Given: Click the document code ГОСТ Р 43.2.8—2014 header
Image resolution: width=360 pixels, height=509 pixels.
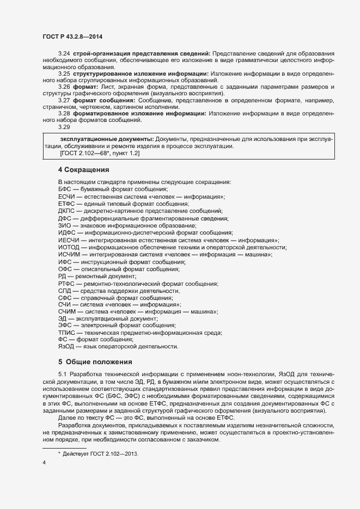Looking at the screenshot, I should (x=72, y=36).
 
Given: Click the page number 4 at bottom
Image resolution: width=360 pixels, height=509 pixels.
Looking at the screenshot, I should (x=44, y=463).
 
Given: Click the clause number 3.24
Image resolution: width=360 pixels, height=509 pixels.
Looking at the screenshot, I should (x=64, y=53).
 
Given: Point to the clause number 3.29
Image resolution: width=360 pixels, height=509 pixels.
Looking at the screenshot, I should (x=64, y=127).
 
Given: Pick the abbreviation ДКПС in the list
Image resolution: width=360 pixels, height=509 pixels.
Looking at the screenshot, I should (x=66, y=211).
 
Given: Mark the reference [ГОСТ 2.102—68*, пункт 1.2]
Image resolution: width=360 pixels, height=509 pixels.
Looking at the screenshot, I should (x=100, y=154).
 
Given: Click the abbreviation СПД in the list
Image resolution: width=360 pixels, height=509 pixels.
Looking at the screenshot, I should (x=65, y=291).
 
